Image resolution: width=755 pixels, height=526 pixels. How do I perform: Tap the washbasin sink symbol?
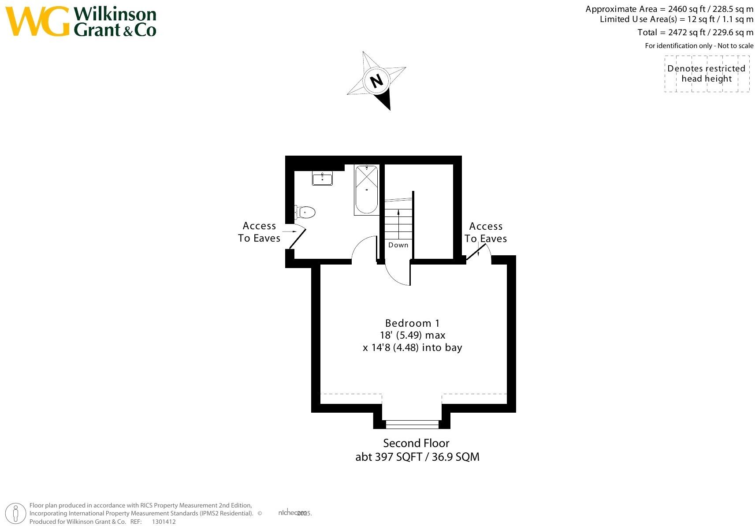pyautogui.click(x=322, y=179)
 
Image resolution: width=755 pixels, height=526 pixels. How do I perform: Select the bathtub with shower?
pyautogui.click(x=366, y=190)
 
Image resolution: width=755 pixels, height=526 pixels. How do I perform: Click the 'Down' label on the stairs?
pyautogui.click(x=398, y=245)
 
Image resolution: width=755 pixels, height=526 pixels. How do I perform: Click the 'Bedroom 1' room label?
pyautogui.click(x=412, y=323)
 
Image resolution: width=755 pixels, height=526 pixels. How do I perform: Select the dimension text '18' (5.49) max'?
pyautogui.click(x=413, y=335)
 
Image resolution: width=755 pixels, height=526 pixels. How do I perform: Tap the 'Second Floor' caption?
pyautogui.click(x=416, y=443)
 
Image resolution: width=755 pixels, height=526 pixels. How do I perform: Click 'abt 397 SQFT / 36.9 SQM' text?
pyautogui.click(x=417, y=457)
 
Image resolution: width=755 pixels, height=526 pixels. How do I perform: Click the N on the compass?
pyautogui.click(x=376, y=81)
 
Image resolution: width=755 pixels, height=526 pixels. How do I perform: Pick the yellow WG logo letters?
pyautogui.click(x=37, y=21)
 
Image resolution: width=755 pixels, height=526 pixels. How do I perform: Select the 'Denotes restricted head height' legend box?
pyautogui.click(x=707, y=74)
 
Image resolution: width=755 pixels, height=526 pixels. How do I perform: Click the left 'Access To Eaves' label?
pyautogui.click(x=259, y=232)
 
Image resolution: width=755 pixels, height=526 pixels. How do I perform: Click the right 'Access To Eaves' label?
pyautogui.click(x=486, y=232)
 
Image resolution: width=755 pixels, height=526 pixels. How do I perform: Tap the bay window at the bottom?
pyautogui.click(x=412, y=424)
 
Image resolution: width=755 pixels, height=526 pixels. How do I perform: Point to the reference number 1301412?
pyautogui.click(x=164, y=522)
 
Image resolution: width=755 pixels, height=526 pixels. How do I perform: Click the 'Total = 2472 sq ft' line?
pyautogui.click(x=695, y=32)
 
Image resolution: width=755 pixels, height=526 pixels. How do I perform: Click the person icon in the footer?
pyautogui.click(x=16, y=514)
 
